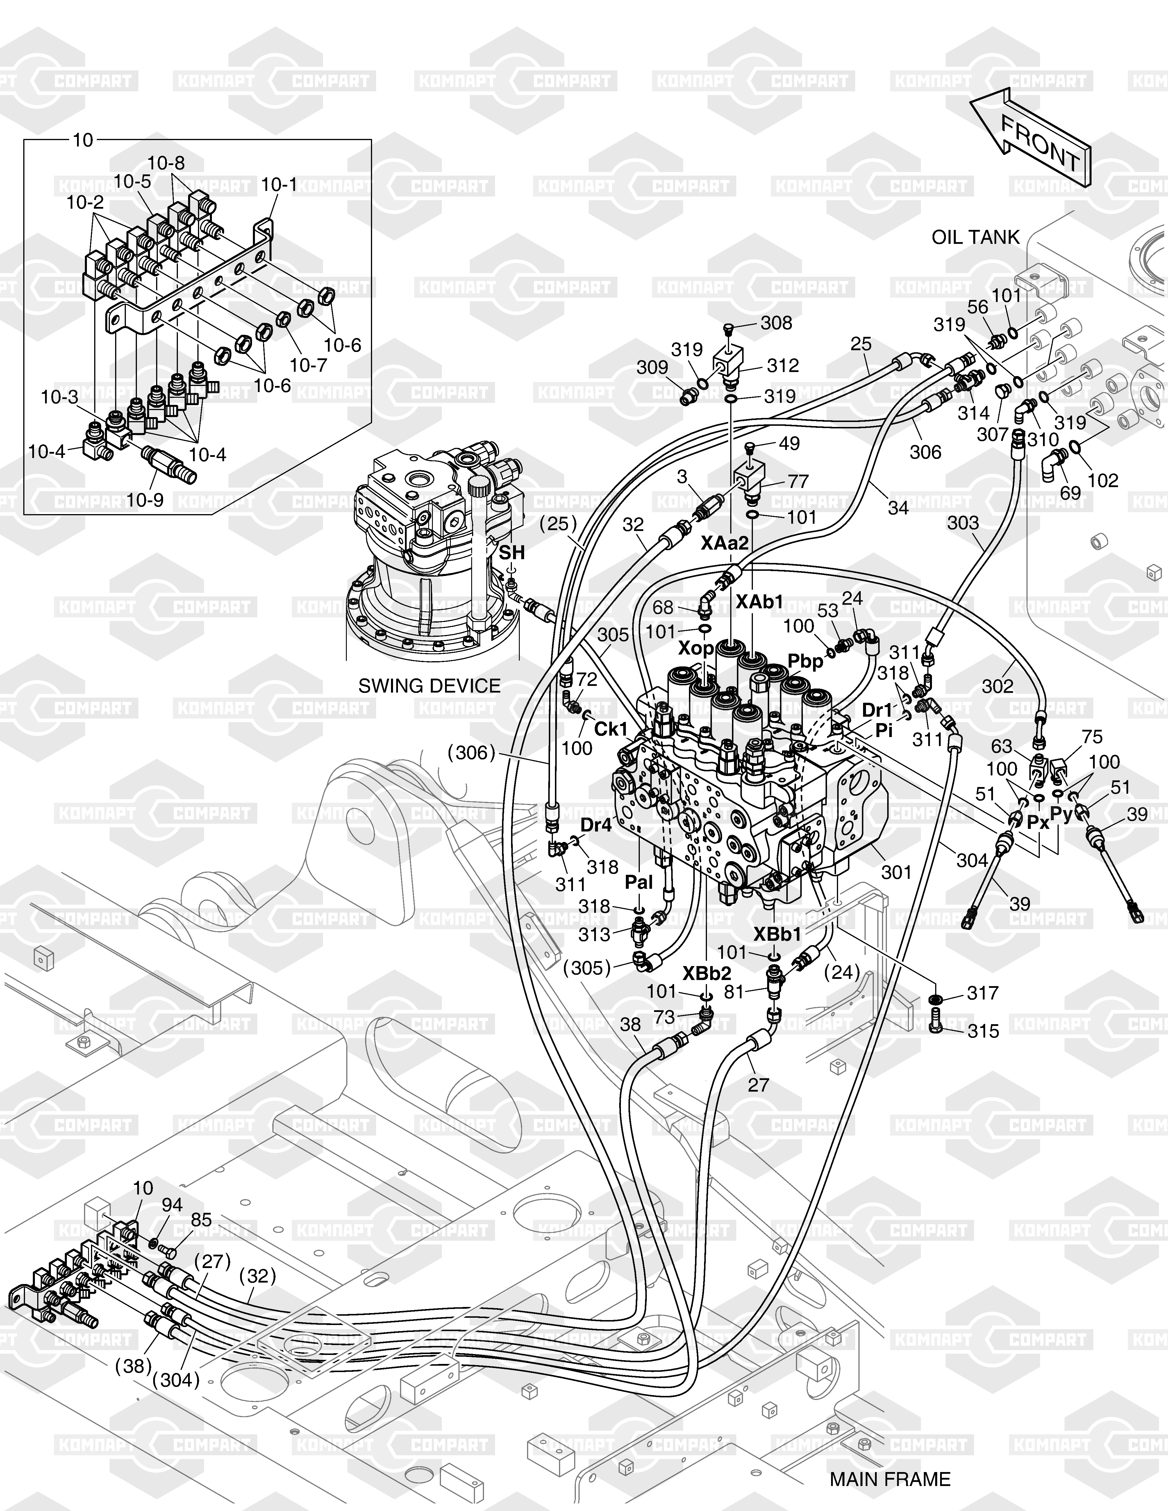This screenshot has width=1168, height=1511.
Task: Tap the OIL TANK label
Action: [x=976, y=237]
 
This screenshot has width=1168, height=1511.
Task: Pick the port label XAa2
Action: [x=724, y=543]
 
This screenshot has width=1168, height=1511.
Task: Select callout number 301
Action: [x=897, y=872]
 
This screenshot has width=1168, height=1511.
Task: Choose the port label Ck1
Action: [x=611, y=729]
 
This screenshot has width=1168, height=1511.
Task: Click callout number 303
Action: [x=963, y=523]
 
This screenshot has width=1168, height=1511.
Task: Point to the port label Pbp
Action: [x=806, y=661]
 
